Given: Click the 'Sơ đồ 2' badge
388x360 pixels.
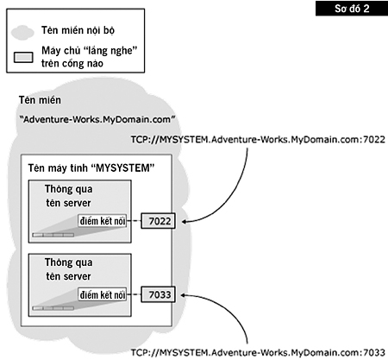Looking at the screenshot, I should [355, 9].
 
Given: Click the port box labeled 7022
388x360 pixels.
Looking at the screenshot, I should [158, 222].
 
